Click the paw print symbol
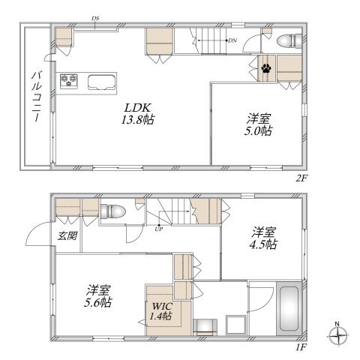pyautogui.click(x=266, y=68)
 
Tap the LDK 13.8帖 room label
pyautogui.click(x=138, y=114)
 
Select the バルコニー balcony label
pyautogui.click(x=37, y=97)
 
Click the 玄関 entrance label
pyautogui.click(x=67, y=235)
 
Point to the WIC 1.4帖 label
pyautogui.click(x=161, y=311)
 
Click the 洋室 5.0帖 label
pyautogui.click(x=258, y=124)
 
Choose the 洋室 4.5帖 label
pyautogui.click(x=264, y=238)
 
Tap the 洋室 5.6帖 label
pyautogui.click(x=98, y=296)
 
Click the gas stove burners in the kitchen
pyautogui.click(x=69, y=80)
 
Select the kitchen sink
pyautogui.click(x=102, y=82)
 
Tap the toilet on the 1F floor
pyautogui.click(x=112, y=211)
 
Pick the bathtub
pyautogui.click(x=289, y=308)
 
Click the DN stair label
pyautogui.click(x=232, y=40)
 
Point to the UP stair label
pyautogui.click(x=158, y=229)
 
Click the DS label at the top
pyautogui.click(x=95, y=18)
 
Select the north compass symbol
pyautogui.click(x=338, y=334)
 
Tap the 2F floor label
pyautogui.click(x=301, y=178)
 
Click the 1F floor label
pyautogui.click(x=301, y=347)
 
